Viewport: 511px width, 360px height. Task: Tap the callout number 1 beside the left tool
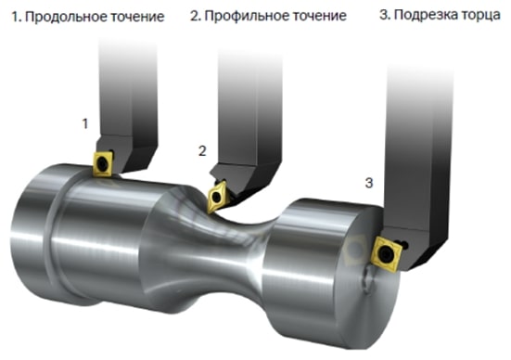pyautogui.click(x=85, y=122)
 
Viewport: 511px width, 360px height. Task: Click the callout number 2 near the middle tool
pyautogui.click(x=201, y=149)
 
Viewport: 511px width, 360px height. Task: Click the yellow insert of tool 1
pyautogui.click(x=103, y=163)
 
